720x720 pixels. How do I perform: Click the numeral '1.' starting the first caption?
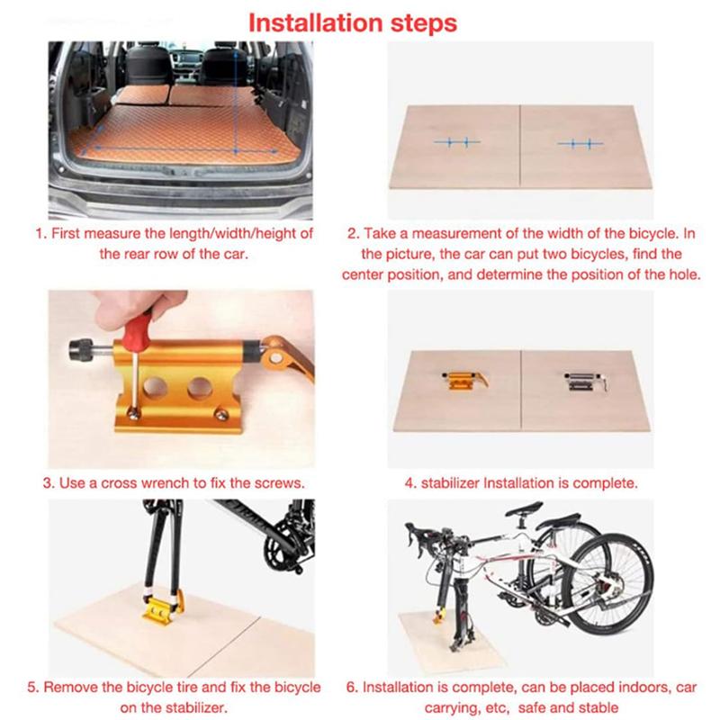click(40, 233)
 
